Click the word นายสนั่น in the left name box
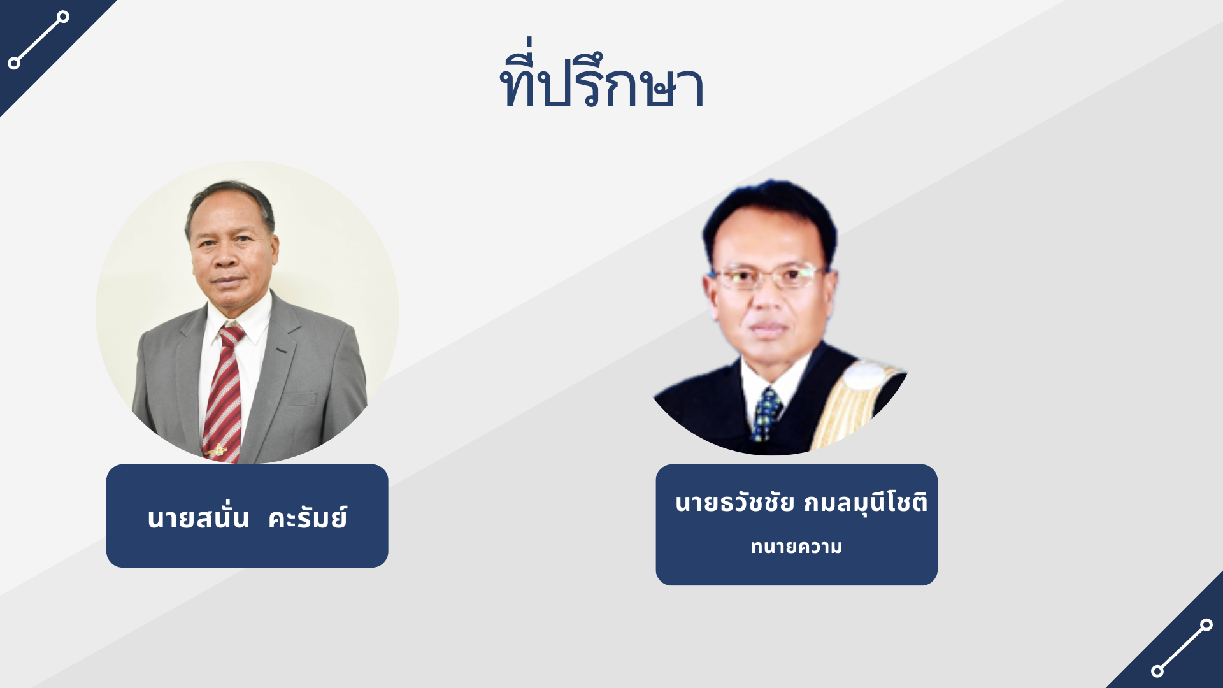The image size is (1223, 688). click(x=198, y=518)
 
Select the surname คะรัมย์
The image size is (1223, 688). click(x=308, y=518)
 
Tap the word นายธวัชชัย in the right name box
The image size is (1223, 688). click(x=734, y=503)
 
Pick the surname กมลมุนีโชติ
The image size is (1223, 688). click(x=865, y=503)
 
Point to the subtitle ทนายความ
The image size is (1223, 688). click(x=796, y=547)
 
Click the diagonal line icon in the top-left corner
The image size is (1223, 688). click(x=38, y=39)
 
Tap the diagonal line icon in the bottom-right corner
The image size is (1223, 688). click(x=1182, y=648)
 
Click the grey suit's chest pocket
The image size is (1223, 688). click(x=297, y=399)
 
